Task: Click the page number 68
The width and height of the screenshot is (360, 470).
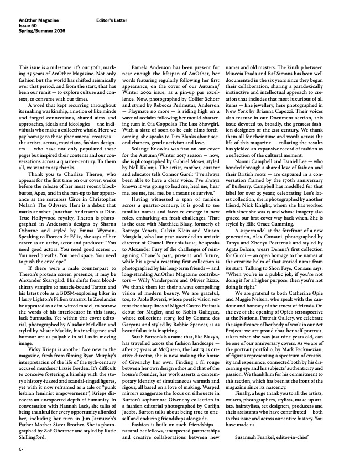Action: (20, 451)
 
